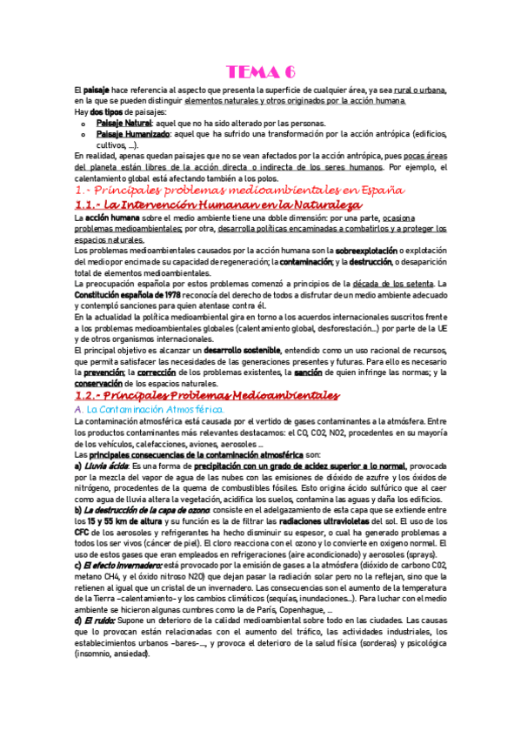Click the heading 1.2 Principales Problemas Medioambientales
point(207,396)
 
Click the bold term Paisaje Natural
point(124,124)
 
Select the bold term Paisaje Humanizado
point(132,135)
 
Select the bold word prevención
point(102,372)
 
